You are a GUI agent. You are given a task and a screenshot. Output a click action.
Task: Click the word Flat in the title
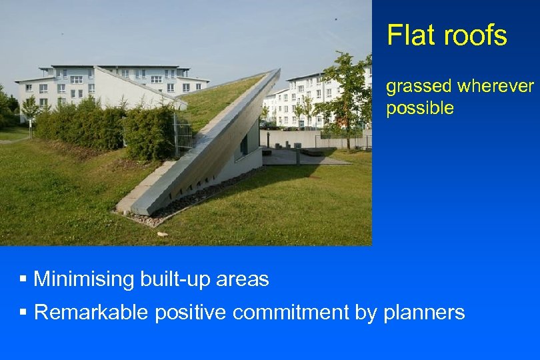click(x=409, y=35)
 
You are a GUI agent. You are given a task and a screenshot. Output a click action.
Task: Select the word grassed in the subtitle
click(x=419, y=87)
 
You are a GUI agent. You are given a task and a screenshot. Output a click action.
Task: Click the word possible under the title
click(x=420, y=108)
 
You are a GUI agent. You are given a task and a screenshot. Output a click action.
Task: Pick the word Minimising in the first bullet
click(x=84, y=279)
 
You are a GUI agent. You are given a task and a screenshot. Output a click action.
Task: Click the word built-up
click(x=175, y=279)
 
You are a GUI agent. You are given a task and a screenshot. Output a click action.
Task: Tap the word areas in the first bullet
click(x=243, y=279)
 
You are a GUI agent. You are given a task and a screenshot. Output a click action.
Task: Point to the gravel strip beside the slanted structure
click(x=200, y=200)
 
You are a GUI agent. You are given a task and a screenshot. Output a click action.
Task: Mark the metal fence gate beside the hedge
click(x=183, y=133)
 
